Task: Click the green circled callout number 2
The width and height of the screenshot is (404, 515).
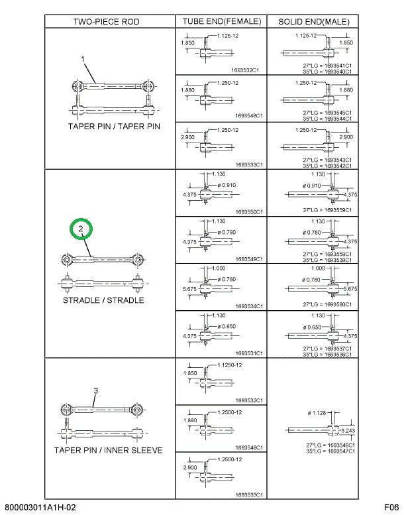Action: click(81, 230)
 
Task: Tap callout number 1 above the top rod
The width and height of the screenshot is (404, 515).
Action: click(83, 60)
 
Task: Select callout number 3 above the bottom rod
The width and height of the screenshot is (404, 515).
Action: click(95, 391)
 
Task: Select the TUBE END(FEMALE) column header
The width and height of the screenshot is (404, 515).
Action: click(221, 21)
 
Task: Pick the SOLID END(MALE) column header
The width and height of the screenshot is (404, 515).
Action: click(313, 21)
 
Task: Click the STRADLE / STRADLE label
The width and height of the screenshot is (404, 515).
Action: click(103, 300)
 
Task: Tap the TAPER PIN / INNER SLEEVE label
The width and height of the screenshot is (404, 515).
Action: click(108, 451)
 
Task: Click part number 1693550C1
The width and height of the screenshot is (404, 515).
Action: click(250, 212)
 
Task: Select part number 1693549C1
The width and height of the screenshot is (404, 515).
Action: click(250, 260)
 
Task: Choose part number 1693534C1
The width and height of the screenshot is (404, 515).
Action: click(250, 306)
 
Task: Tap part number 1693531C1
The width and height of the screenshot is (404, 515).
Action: click(250, 353)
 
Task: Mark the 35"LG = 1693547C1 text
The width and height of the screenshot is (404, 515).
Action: click(327, 451)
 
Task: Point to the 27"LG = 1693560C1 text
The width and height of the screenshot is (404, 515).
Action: click(327, 304)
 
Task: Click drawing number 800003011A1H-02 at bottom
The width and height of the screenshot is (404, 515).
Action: click(40, 508)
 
